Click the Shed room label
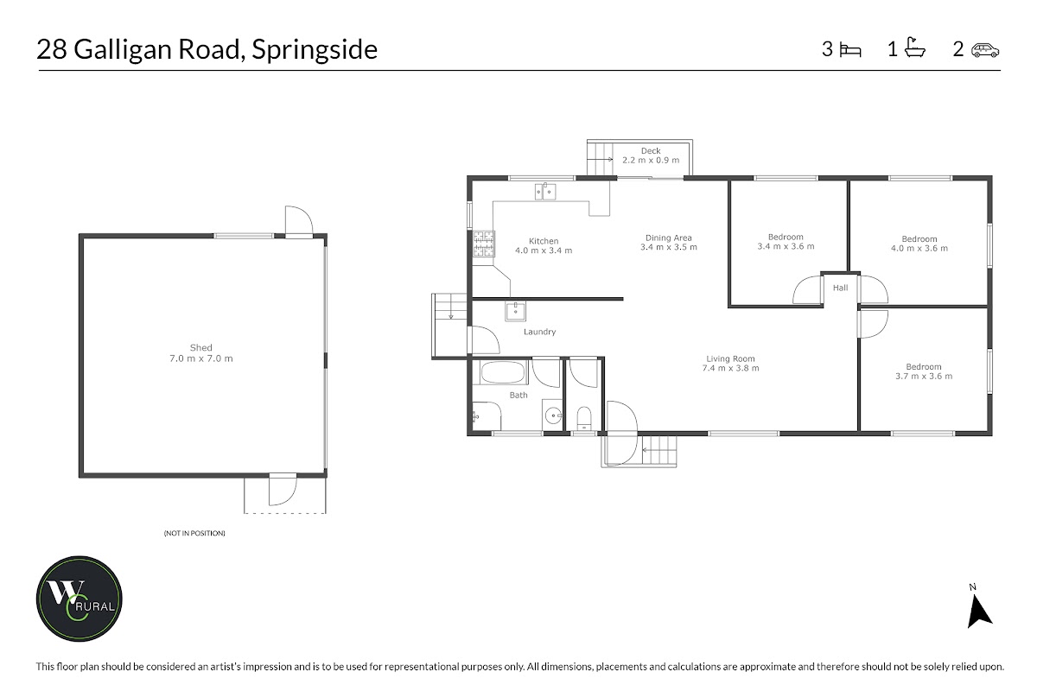click(x=200, y=347)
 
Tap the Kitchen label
click(x=544, y=241)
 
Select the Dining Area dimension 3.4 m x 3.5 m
click(x=669, y=247)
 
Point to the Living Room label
click(x=730, y=358)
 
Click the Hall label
click(x=840, y=288)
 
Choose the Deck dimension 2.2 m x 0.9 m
click(x=651, y=160)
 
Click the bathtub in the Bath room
click(x=503, y=372)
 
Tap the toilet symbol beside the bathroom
click(x=584, y=418)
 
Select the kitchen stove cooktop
click(x=484, y=244)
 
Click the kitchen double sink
click(x=545, y=192)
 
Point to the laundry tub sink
click(x=515, y=311)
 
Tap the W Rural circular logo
click(x=80, y=599)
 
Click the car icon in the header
click(x=985, y=50)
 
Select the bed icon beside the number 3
click(x=850, y=50)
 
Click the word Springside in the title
click(x=315, y=50)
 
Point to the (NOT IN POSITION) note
click(x=194, y=533)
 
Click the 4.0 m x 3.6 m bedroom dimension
click(x=919, y=249)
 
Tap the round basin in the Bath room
click(x=553, y=416)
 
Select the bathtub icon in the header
click(x=915, y=48)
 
